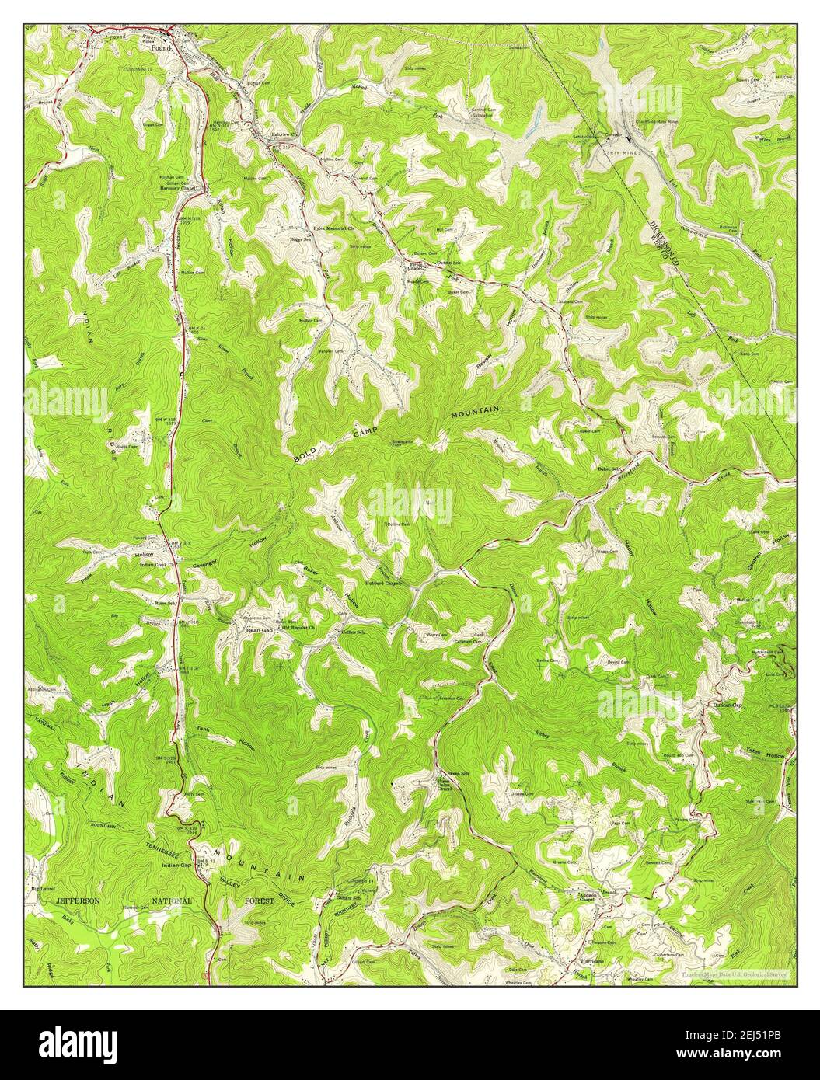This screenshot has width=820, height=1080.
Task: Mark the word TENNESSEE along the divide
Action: (x=167, y=849)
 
